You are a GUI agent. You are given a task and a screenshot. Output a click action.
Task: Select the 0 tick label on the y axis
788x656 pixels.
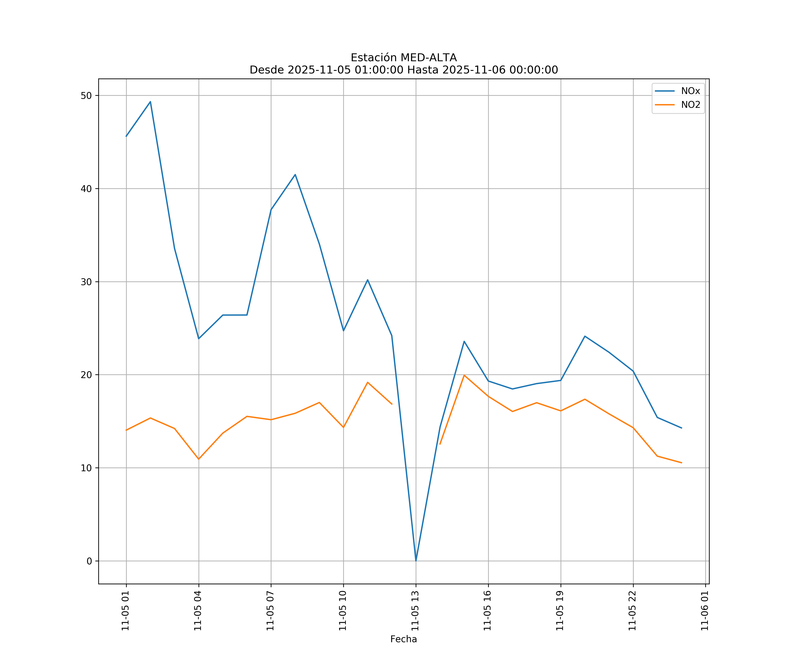(x=89, y=561)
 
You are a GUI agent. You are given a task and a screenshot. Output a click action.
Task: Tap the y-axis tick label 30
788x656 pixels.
(x=86, y=282)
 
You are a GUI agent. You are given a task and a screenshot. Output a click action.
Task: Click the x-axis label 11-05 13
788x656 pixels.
(x=415, y=611)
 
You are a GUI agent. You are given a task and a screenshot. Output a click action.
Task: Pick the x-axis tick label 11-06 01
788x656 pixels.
(x=705, y=611)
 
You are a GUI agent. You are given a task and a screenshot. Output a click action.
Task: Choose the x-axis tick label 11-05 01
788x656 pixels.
(x=125, y=611)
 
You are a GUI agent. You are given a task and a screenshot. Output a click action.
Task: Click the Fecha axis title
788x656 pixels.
(x=403, y=639)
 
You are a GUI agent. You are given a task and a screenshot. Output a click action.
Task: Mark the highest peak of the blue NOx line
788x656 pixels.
(x=150, y=102)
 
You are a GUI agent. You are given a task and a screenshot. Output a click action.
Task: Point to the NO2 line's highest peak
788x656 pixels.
(x=464, y=375)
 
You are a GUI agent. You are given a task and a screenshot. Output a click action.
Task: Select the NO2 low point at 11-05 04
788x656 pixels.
(x=199, y=459)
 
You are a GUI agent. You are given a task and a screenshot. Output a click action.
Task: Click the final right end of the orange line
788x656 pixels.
(x=681, y=463)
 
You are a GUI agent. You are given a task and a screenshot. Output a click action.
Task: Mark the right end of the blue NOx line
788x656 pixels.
(x=681, y=428)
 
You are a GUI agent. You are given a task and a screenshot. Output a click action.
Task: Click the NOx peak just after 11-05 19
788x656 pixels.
(x=585, y=336)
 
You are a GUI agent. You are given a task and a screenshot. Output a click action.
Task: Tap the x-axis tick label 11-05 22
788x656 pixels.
(x=632, y=611)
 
